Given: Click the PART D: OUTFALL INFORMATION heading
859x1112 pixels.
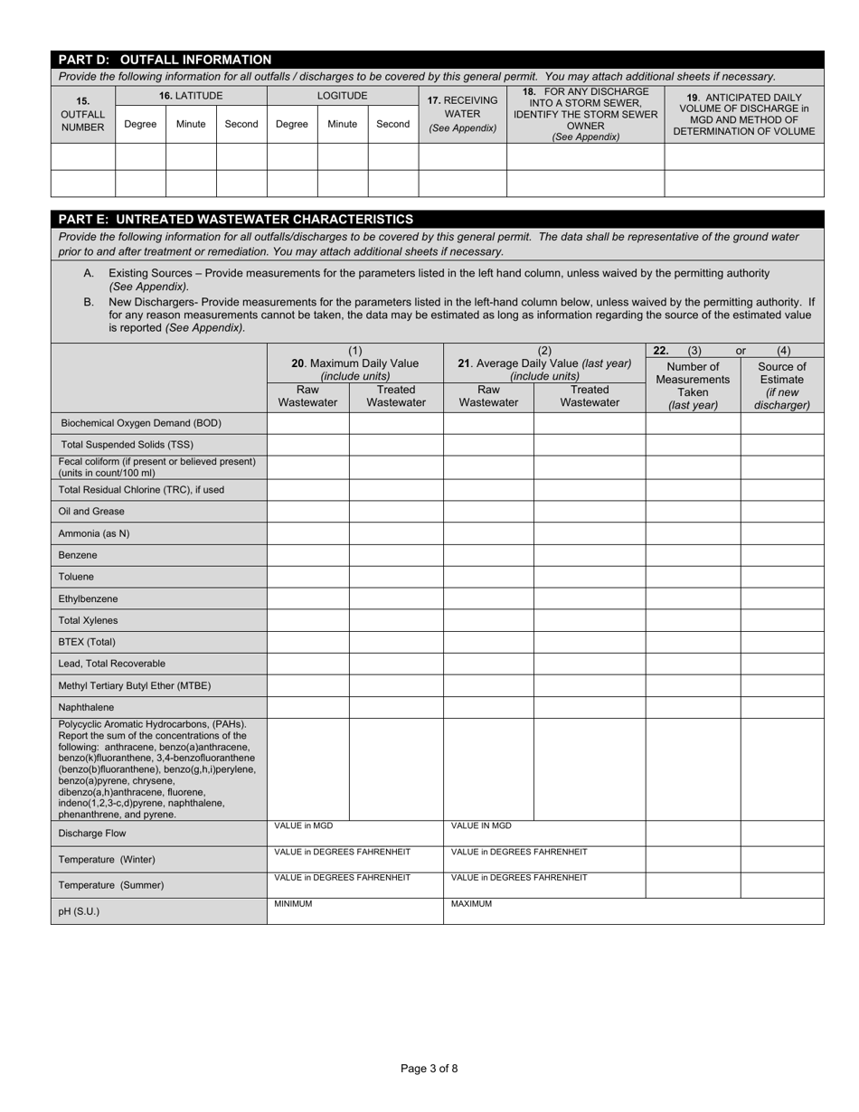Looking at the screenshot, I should [x=165, y=60].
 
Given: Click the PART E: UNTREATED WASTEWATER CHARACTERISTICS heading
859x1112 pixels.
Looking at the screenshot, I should [x=236, y=220].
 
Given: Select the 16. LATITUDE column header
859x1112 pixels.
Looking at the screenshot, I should [x=191, y=96].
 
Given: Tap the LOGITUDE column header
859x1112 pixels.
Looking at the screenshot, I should [x=342, y=96].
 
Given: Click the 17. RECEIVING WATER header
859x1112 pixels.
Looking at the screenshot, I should [x=462, y=114].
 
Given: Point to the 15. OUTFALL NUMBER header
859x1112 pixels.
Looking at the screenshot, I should [x=82, y=114].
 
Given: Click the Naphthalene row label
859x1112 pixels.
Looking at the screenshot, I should [x=86, y=707].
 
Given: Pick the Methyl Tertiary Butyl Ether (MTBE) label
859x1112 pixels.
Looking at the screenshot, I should [x=135, y=685].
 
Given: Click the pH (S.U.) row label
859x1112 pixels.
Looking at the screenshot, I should [x=79, y=911].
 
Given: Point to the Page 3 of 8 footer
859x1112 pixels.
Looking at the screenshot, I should [x=429, y=1069].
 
